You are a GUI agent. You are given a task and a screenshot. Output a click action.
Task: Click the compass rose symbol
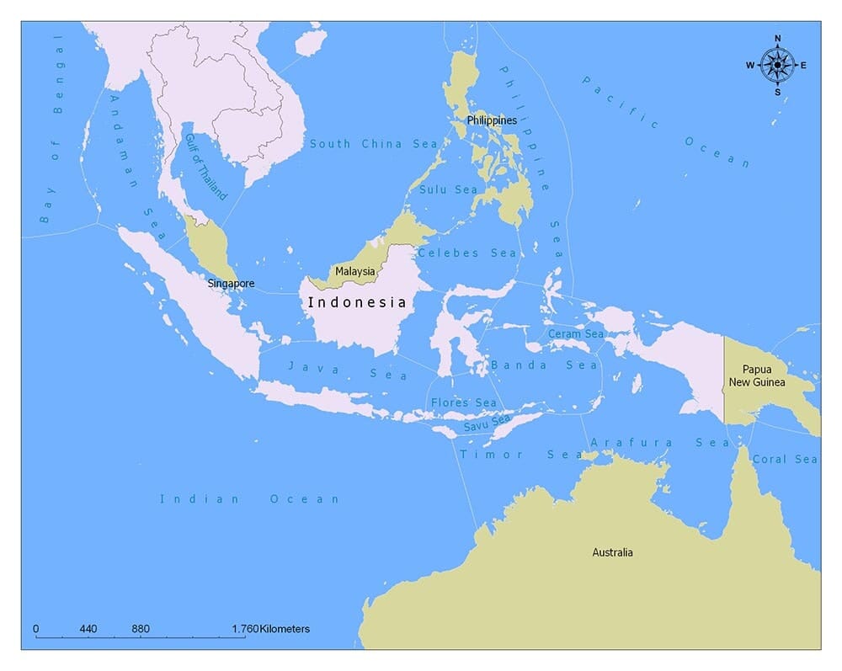(776, 65)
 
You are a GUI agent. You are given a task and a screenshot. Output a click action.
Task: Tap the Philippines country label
(492, 120)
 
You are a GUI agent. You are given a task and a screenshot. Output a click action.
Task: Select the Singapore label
(231, 284)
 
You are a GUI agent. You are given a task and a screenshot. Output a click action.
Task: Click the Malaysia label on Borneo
(355, 272)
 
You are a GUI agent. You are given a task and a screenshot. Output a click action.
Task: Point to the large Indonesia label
(357, 302)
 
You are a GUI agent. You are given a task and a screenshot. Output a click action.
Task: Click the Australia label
(612, 552)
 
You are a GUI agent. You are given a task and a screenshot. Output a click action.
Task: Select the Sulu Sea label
(448, 189)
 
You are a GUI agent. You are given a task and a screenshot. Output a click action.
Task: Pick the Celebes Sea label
(467, 253)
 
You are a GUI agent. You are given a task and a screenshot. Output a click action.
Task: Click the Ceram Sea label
(576, 334)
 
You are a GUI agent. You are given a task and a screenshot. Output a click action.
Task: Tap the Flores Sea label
(463, 402)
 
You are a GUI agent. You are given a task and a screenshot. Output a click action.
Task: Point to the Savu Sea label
(487, 423)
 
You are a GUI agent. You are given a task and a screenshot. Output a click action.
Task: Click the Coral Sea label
(785, 459)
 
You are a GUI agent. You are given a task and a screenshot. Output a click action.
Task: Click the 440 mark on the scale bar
(88, 629)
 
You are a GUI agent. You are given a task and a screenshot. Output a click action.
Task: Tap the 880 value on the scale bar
(141, 629)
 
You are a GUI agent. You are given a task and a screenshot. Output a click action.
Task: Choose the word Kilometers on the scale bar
(285, 629)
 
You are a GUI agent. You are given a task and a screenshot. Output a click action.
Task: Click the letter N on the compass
(776, 38)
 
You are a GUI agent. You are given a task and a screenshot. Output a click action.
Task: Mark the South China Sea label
(374, 144)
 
